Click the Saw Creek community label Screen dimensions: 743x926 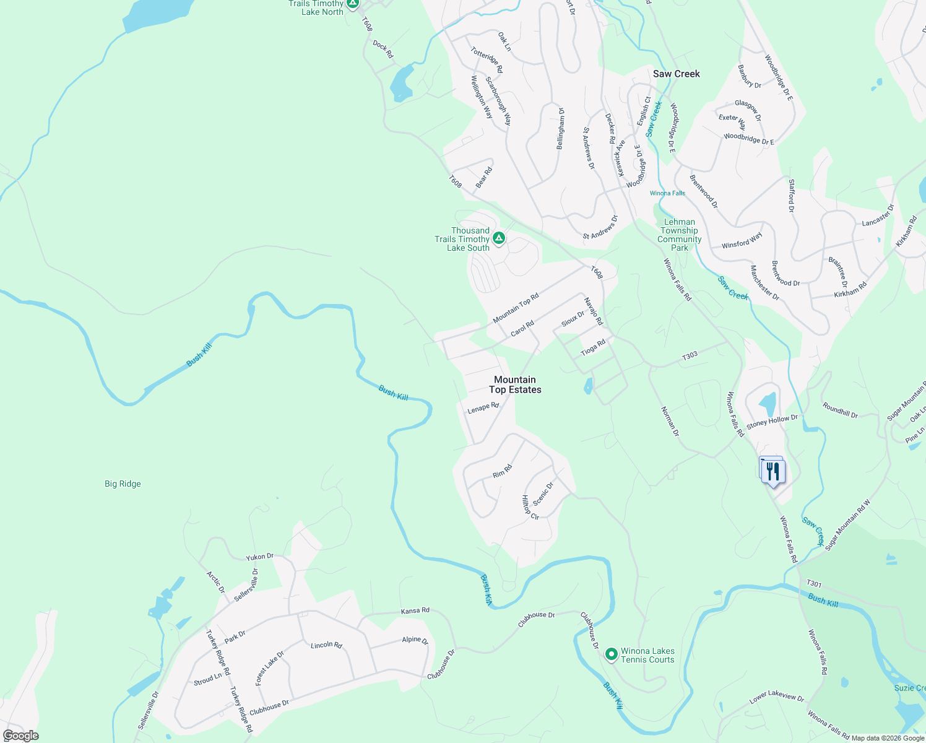point(676,74)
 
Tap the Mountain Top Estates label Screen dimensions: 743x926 point(515,385)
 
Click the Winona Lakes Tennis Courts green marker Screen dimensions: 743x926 point(612,654)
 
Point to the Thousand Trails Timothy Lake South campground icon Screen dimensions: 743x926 point(499,238)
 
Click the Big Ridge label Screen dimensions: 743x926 point(123,484)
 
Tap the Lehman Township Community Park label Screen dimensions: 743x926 point(679,235)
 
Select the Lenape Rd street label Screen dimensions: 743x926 point(483,408)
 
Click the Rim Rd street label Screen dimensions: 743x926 point(502,471)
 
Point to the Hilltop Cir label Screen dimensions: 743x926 point(530,508)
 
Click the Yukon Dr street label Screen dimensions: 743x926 point(259,557)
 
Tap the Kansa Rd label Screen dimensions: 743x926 point(415,610)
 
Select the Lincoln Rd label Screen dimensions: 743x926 point(326,645)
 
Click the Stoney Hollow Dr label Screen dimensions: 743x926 point(772,422)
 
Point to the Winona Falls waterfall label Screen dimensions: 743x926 point(667,193)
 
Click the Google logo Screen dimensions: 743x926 point(20,736)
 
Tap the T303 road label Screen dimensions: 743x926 point(690,355)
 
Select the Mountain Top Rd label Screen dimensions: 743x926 point(516,308)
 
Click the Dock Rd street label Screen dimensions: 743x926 point(383,50)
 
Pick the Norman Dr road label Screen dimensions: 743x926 point(670,422)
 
